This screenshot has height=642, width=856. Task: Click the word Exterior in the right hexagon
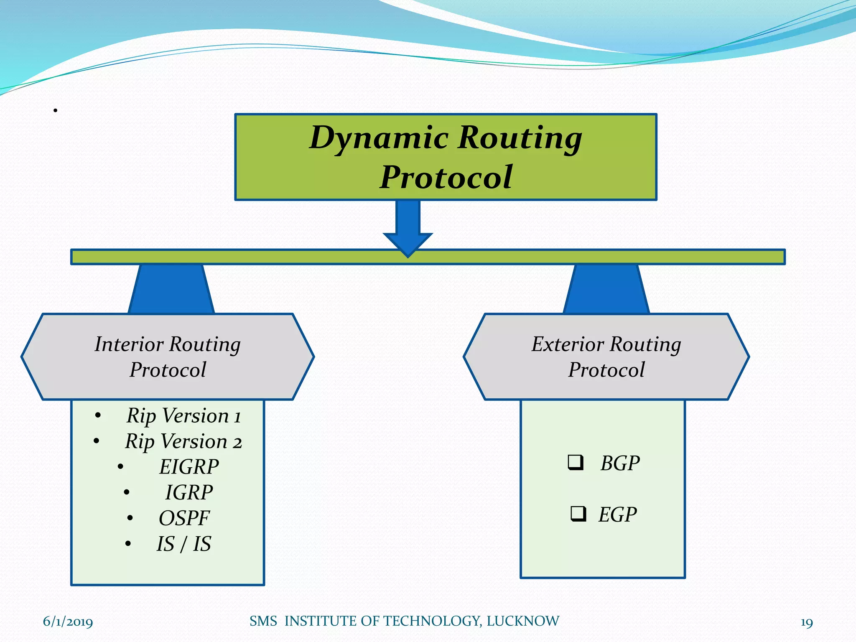click(x=568, y=344)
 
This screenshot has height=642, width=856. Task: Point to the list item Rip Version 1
click(x=183, y=416)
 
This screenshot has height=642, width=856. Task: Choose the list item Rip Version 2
click(x=183, y=441)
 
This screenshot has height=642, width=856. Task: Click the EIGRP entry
click(x=189, y=467)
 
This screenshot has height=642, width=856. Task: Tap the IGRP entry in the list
click(x=189, y=492)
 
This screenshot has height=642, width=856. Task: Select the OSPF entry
click(x=184, y=518)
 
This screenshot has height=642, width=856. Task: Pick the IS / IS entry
click(x=184, y=544)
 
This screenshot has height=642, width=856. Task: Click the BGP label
click(x=620, y=463)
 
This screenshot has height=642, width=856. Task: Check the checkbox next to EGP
click(x=578, y=514)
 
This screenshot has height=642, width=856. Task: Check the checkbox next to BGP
click(x=576, y=462)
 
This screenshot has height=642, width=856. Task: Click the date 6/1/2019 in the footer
click(x=68, y=622)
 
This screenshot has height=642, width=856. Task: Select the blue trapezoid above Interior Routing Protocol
click(x=171, y=289)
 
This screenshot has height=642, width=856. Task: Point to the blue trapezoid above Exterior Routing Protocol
click(x=606, y=289)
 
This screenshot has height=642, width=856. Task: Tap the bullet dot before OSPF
click(x=130, y=519)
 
